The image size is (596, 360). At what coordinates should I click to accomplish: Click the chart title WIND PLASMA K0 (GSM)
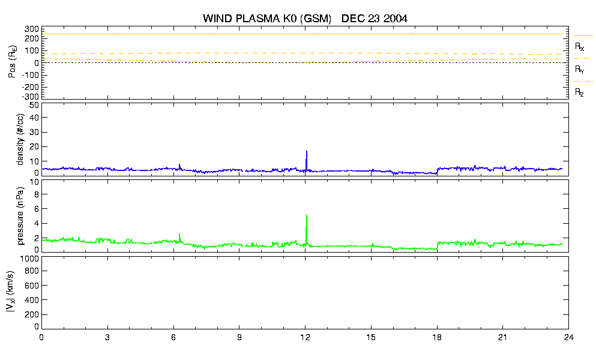(267, 19)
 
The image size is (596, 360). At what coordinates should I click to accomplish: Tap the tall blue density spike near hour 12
(306, 160)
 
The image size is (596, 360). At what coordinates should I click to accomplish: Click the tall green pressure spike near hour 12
(306, 229)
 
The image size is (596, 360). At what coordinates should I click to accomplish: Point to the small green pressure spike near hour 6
(179, 238)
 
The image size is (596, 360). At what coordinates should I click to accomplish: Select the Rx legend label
(579, 47)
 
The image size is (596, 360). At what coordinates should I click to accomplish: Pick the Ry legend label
(579, 69)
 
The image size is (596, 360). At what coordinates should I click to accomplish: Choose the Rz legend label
(579, 92)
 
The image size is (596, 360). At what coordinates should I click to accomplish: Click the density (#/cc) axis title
(20, 140)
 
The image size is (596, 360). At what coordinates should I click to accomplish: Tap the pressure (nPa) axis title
(20, 216)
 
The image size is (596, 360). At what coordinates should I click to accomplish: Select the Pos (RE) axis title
(12, 62)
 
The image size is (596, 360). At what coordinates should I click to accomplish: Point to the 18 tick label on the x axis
(437, 337)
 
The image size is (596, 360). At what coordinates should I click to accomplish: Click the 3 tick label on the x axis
(107, 337)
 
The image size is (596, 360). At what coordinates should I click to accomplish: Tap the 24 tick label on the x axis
(568, 337)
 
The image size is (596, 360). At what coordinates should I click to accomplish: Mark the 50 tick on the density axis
(34, 106)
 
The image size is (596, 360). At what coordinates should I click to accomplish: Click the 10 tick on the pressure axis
(34, 182)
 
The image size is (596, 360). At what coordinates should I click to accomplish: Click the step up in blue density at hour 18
(438, 170)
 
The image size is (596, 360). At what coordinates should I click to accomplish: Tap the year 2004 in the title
(396, 19)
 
